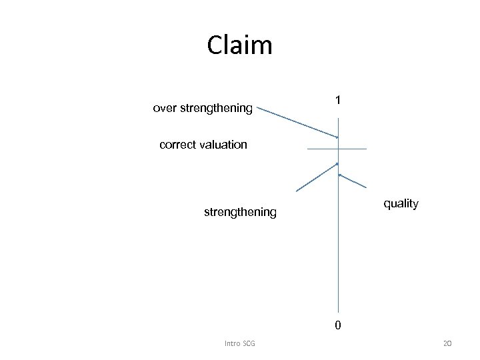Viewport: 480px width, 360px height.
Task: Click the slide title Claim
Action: point(239,45)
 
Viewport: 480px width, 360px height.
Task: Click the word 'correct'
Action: point(179,144)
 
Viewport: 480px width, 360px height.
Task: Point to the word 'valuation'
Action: point(223,144)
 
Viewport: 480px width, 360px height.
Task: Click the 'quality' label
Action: point(401,203)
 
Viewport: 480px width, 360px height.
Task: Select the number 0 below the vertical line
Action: point(338,325)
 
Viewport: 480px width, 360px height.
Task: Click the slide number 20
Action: point(447,343)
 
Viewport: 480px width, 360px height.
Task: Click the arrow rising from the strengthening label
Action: point(317,177)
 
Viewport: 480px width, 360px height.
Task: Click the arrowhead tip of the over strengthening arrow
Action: point(337,137)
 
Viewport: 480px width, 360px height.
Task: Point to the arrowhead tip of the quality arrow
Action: point(339,175)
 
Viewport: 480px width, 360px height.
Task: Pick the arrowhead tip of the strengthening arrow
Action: point(337,163)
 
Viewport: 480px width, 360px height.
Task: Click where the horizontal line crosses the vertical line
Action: point(338,149)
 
